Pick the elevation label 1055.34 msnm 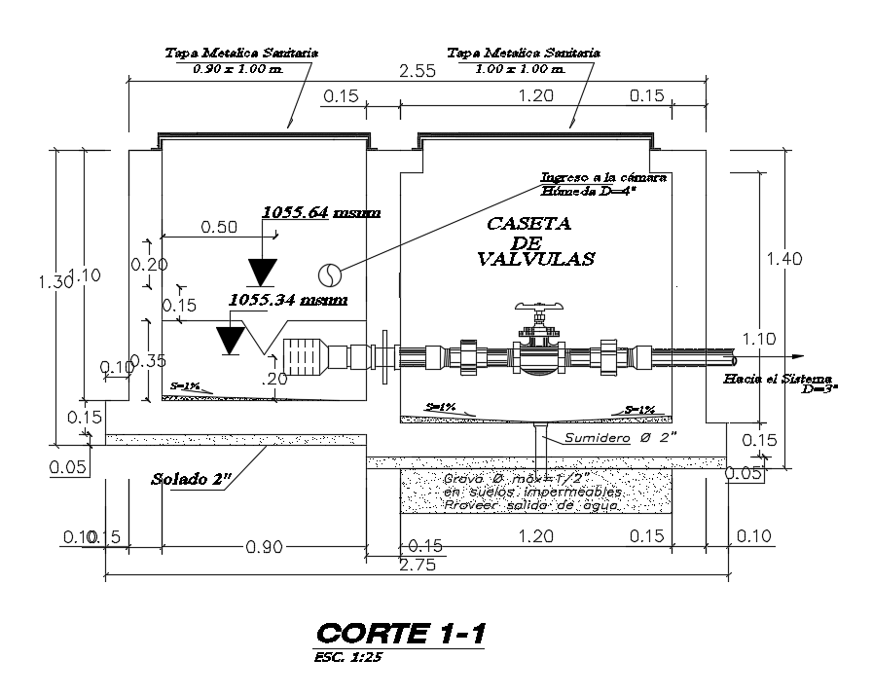(x=287, y=300)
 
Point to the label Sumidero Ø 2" (x=615, y=437)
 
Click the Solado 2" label (x=191, y=479)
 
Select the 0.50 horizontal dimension (x=219, y=227)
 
